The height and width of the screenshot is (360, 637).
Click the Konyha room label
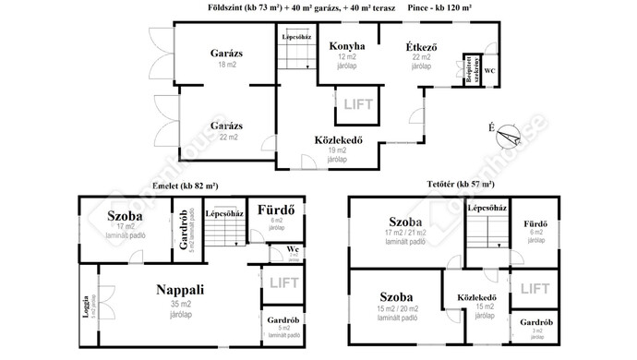tap(346, 46)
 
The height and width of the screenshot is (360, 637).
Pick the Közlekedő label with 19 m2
tap(337, 140)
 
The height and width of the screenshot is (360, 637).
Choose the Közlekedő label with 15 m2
tap(477, 297)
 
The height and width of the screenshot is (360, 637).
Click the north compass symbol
tap(507, 138)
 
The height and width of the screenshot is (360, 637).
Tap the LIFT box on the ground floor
tap(358, 104)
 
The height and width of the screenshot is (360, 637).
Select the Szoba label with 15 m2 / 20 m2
tap(397, 297)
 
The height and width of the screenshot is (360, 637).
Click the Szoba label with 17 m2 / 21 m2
tap(405, 222)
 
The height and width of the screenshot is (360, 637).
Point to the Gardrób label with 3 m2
tap(535, 322)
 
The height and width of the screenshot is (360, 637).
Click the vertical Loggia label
tap(86, 305)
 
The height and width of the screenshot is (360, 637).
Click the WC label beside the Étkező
tap(489, 70)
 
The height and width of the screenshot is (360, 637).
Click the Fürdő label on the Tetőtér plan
tap(535, 223)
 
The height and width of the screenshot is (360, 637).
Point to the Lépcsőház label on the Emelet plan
tap(223, 213)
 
